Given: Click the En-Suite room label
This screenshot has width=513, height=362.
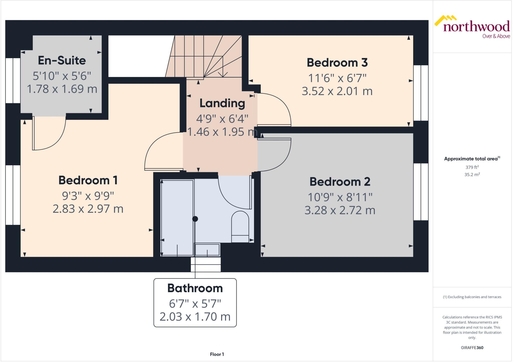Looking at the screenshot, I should click(62, 60).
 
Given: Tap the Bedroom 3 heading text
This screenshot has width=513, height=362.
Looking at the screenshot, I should click(337, 63).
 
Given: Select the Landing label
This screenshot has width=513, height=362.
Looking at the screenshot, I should click(222, 103).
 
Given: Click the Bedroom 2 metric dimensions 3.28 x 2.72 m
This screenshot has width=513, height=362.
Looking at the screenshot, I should click(340, 210).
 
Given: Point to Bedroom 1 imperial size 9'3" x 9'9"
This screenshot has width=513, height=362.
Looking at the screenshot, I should click(88, 196).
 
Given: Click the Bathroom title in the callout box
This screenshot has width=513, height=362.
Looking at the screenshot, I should click(195, 288).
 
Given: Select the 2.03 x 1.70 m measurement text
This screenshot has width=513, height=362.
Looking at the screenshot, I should click(195, 317).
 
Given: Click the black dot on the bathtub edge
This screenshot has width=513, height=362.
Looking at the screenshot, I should click(195, 219).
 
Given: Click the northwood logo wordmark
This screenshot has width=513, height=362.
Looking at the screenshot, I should click(476, 26).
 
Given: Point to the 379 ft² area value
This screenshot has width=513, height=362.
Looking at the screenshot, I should click(472, 167).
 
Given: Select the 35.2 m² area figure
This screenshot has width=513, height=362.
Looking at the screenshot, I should click(472, 175).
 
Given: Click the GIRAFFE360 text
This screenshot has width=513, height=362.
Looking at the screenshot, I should click(472, 347).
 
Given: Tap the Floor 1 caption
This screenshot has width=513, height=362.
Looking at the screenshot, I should click(217, 354).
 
